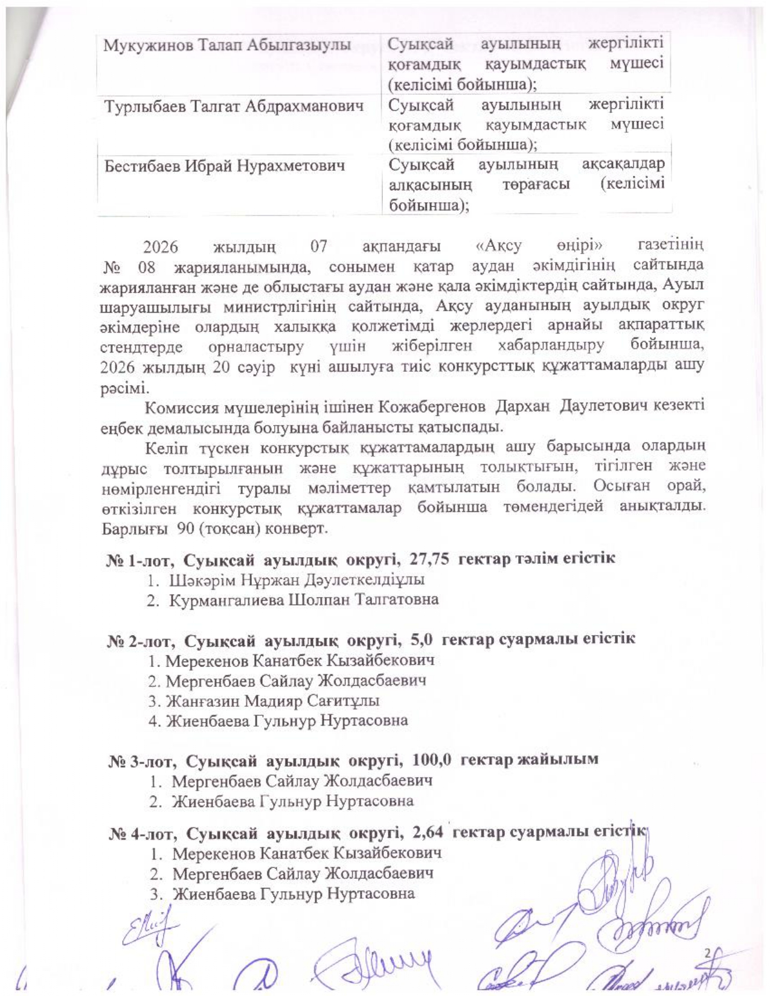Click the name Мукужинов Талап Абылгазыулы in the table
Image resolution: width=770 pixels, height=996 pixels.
(x=227, y=45)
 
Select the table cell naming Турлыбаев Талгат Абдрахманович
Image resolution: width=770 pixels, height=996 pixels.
(x=234, y=106)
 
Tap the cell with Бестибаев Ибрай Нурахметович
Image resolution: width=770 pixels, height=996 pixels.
(x=225, y=165)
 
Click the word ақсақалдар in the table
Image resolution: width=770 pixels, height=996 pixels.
(x=623, y=164)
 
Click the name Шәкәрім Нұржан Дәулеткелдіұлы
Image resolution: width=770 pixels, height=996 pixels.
(x=297, y=579)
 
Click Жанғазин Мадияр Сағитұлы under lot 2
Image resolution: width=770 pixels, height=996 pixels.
(x=272, y=701)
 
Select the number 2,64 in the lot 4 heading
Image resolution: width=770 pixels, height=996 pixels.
(x=428, y=833)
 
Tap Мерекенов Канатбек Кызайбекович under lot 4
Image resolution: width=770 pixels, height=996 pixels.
(x=306, y=853)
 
